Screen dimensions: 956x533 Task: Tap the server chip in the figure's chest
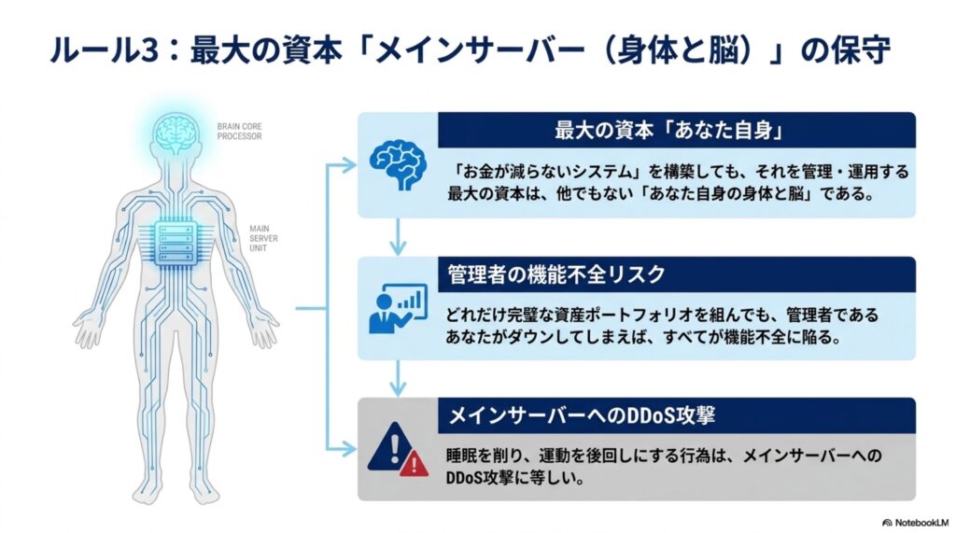(x=176, y=244)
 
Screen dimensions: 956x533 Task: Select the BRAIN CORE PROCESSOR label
(x=240, y=131)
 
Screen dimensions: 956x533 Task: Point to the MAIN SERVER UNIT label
(x=263, y=238)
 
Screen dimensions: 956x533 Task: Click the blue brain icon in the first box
(x=398, y=164)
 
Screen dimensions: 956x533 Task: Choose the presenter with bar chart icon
(x=398, y=309)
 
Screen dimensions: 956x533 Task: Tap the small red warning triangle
(x=414, y=464)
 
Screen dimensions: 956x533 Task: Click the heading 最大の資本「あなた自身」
(x=668, y=131)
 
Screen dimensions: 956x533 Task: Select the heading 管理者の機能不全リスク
(x=556, y=274)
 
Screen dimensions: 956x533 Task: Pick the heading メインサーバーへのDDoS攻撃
(x=582, y=416)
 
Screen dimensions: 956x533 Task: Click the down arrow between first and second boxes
(x=398, y=236)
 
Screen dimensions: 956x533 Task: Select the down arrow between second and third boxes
(x=398, y=379)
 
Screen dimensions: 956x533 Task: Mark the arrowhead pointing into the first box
(x=349, y=165)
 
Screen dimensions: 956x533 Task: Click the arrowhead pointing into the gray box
(x=349, y=449)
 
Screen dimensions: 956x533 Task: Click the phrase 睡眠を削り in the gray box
(x=485, y=456)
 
